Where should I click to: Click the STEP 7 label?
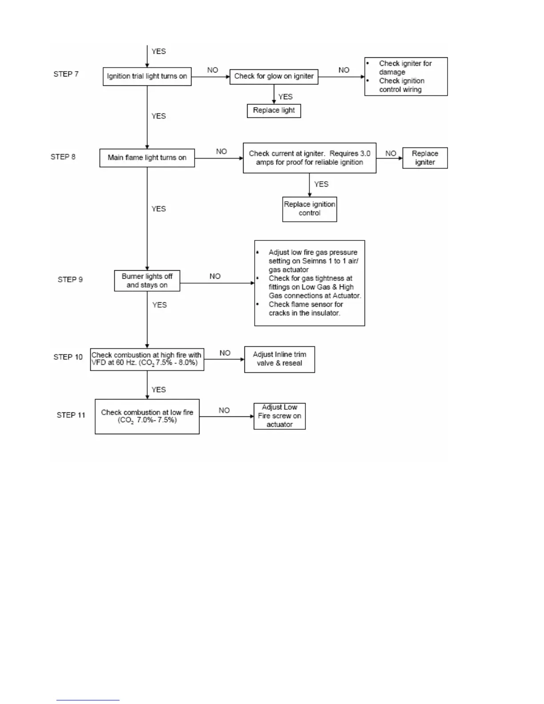pos(66,74)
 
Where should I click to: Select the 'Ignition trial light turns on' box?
pos(147,76)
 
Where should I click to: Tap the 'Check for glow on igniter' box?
pos(274,76)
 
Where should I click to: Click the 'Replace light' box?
pos(274,111)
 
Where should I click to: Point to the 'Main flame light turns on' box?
pos(147,158)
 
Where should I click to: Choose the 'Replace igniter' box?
pos(425,158)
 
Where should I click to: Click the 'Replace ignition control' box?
pos(310,209)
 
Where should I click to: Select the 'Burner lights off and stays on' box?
pos(147,281)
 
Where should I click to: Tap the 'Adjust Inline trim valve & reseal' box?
pos(280,359)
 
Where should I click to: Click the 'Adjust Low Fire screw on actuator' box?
pos(280,416)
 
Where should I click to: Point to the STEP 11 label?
pos(71,415)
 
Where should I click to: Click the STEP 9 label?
pos(70,280)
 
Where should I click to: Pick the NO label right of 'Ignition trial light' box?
pos(212,70)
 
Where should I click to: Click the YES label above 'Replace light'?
pos(285,97)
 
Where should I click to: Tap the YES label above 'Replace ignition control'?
pos(321,184)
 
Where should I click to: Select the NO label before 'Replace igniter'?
pos(391,154)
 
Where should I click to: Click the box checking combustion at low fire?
pos(147,416)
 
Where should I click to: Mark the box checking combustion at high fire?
pos(147,360)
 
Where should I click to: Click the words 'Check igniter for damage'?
pos(405,68)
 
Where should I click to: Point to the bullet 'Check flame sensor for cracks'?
pos(306,309)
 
